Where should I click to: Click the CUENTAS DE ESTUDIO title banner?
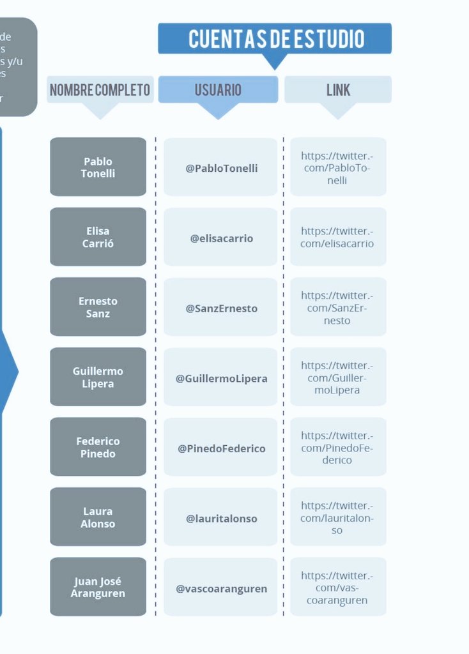pyautogui.click(x=275, y=39)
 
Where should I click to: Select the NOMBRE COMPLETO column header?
pyautogui.click(x=100, y=90)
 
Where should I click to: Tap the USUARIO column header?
pyautogui.click(x=218, y=90)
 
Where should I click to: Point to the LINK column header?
pyautogui.click(x=338, y=90)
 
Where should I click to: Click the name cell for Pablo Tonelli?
pyautogui.click(x=98, y=167)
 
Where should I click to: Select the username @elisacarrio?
pyautogui.click(x=221, y=238)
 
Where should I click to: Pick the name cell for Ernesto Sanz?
pyautogui.click(x=98, y=307)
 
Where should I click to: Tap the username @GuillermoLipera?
pyautogui.click(x=221, y=378)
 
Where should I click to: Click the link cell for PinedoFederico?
pyautogui.click(x=338, y=447)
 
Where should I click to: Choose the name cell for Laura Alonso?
pyautogui.click(x=98, y=517)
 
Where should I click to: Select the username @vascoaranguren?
pyautogui.click(x=221, y=588)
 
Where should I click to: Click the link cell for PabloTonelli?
pyautogui.click(x=338, y=167)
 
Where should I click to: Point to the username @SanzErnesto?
pyautogui.click(x=221, y=308)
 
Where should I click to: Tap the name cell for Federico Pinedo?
pyautogui.click(x=98, y=447)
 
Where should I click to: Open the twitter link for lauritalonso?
pyautogui.click(x=338, y=517)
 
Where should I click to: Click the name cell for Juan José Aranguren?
pyautogui.click(x=98, y=587)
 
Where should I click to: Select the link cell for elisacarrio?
pyautogui.click(x=338, y=237)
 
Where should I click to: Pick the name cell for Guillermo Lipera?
pyautogui.click(x=98, y=377)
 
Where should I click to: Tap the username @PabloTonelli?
pyautogui.click(x=221, y=168)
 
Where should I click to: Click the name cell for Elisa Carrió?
pyautogui.click(x=98, y=237)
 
